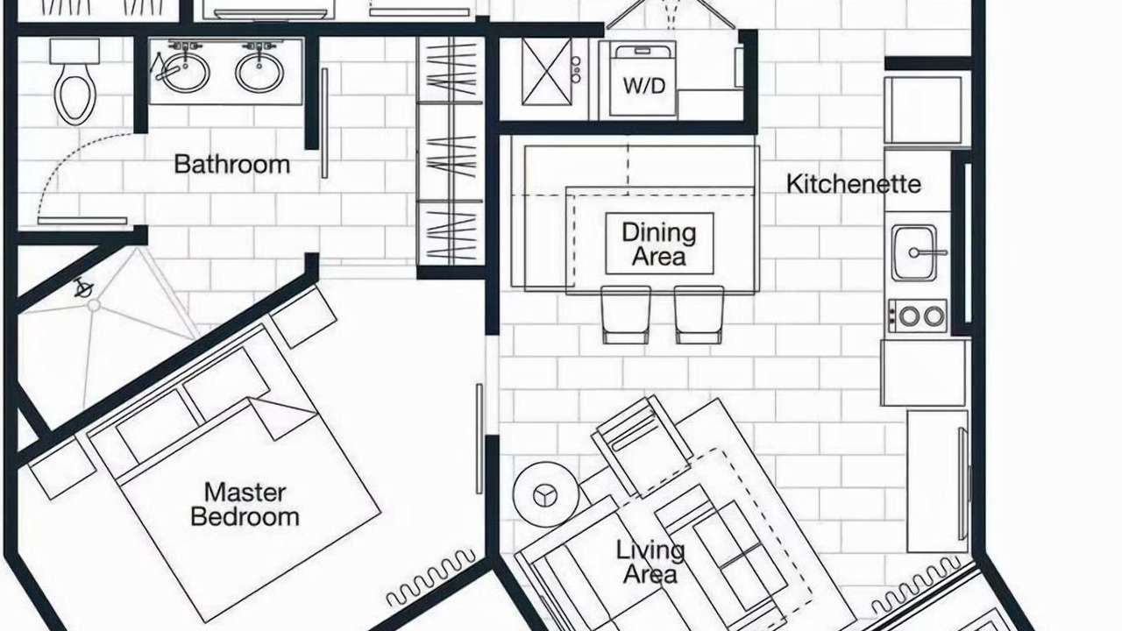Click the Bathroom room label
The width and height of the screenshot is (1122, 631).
(x=232, y=164)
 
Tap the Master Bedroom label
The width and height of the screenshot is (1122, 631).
(x=245, y=504)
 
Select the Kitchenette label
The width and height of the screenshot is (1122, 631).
(x=854, y=184)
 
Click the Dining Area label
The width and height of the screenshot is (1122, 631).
(x=659, y=244)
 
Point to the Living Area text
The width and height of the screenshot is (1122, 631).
(x=650, y=562)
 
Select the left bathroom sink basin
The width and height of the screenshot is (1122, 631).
(x=184, y=73)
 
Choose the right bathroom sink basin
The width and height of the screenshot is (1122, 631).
(x=259, y=73)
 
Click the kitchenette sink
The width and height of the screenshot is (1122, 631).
(x=914, y=252)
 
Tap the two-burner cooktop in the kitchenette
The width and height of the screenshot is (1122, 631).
(x=918, y=315)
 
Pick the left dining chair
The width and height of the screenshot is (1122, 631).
(x=626, y=315)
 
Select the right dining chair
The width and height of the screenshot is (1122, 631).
(x=699, y=315)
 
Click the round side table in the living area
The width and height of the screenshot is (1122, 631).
(x=546, y=494)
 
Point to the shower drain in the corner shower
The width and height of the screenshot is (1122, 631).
(x=94, y=305)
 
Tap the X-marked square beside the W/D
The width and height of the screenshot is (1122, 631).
(x=546, y=72)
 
